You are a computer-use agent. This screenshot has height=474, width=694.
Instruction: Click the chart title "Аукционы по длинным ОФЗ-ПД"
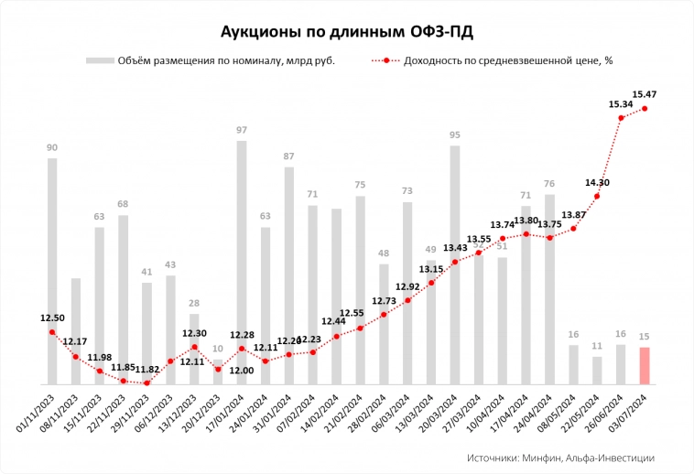click(x=347, y=32)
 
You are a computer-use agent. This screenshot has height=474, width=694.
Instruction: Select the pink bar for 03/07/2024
click(x=645, y=365)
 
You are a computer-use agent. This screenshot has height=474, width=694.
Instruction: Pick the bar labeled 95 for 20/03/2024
click(x=455, y=264)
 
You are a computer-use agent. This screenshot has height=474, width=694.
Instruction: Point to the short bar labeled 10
click(x=218, y=376)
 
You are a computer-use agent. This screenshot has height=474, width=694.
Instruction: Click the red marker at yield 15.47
click(x=645, y=108)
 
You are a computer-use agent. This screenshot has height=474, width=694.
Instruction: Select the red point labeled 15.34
click(x=621, y=117)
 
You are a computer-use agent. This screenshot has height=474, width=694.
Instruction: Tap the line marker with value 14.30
click(x=597, y=196)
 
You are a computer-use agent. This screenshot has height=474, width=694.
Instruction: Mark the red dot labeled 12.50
click(x=52, y=332)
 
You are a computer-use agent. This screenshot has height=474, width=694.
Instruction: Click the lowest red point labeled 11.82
click(x=146, y=382)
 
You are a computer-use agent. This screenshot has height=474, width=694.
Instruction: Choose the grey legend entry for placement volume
click(x=211, y=61)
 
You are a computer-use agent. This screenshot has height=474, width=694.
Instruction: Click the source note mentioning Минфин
click(x=559, y=458)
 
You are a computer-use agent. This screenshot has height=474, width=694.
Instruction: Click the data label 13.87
click(x=574, y=214)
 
